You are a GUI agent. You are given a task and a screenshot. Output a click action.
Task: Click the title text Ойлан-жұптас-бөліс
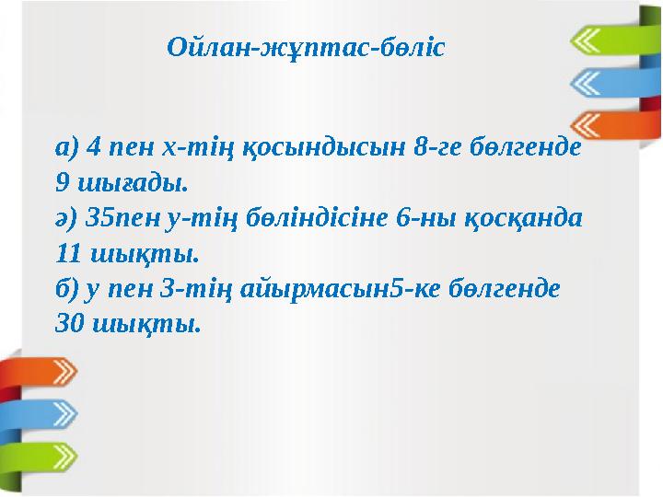tap(306, 47)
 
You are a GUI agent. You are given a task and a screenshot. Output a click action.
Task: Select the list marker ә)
tap(66, 217)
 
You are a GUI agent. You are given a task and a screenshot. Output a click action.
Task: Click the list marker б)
tap(66, 287)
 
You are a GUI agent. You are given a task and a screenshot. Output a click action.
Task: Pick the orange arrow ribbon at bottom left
tap(41, 373)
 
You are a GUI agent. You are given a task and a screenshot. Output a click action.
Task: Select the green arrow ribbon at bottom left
tap(41, 457)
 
